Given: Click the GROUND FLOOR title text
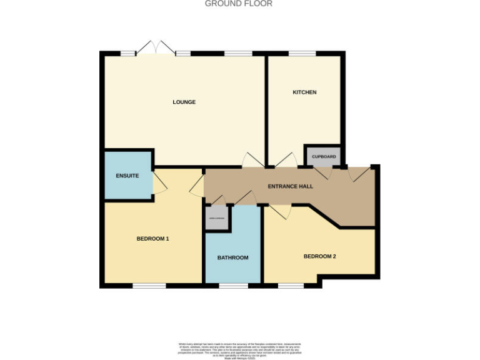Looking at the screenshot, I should (x=239, y=4).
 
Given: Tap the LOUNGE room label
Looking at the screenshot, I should (x=184, y=102).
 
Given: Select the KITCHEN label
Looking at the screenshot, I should (x=304, y=92).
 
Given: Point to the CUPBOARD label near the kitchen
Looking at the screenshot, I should (x=324, y=156).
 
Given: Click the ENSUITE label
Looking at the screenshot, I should (x=127, y=176).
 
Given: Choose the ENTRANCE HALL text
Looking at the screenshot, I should (x=290, y=186).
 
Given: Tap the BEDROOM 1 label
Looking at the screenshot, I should (x=153, y=239).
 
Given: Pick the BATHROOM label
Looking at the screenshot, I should (x=232, y=257).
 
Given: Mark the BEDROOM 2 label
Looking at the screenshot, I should (x=320, y=256).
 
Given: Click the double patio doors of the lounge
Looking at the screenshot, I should (x=156, y=48).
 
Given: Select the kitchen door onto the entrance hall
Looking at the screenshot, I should (x=286, y=160).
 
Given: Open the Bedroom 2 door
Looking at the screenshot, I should (x=279, y=212).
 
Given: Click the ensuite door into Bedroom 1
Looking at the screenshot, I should (x=159, y=182).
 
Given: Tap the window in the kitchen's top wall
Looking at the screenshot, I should (x=302, y=54).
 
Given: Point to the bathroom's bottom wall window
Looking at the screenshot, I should (x=233, y=286).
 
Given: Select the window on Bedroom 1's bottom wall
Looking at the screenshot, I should (x=149, y=286).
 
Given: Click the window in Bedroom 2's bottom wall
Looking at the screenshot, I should (x=291, y=286).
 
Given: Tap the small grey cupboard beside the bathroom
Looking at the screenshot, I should (x=217, y=219).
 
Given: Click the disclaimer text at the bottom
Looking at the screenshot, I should (x=239, y=349).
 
